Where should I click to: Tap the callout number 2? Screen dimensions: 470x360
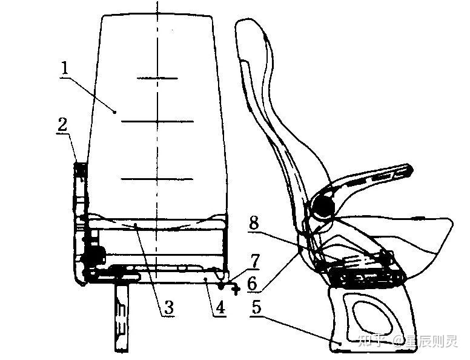[x=62, y=125]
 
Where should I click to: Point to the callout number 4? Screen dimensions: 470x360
[x=220, y=307]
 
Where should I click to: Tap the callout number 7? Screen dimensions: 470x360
[x=255, y=262]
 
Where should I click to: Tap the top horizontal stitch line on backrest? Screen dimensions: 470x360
[x=157, y=78]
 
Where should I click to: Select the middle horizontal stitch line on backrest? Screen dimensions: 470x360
[x=157, y=122]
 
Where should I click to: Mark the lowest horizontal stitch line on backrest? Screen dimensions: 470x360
[x=157, y=179]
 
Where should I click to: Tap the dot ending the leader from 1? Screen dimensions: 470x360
[x=114, y=111]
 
